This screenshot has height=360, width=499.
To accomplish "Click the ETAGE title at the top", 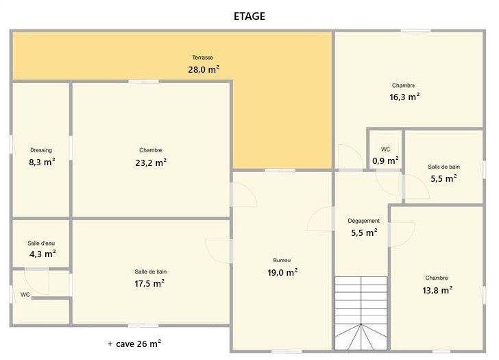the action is (x=249, y=16).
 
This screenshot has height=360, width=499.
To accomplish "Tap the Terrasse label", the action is (x=202, y=58).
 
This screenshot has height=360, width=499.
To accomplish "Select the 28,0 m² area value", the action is (x=204, y=69).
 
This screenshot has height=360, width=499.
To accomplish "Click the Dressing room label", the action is (x=41, y=150).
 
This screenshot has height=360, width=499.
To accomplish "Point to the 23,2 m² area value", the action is (x=151, y=163).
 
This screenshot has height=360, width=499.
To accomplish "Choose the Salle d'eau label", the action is (x=41, y=243).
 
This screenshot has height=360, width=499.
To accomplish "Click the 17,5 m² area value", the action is (x=149, y=283).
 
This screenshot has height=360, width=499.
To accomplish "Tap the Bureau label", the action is (x=282, y=261).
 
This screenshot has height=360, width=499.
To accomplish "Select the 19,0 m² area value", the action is (x=282, y=272).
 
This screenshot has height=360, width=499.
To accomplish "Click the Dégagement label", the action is (x=363, y=221).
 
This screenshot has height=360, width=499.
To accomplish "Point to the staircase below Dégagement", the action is (x=361, y=313).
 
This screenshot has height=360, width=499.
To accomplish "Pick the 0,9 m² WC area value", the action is (x=385, y=160).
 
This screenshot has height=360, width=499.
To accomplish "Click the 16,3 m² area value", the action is (x=404, y=97).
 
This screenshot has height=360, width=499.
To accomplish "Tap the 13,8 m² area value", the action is (x=437, y=290).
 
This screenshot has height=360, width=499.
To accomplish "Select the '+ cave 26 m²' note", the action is (x=134, y=344).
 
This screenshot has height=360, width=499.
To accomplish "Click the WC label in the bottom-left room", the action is (x=25, y=295).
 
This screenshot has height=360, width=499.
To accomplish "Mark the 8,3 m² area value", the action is (x=42, y=162).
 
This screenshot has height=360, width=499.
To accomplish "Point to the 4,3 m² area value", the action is (x=42, y=254).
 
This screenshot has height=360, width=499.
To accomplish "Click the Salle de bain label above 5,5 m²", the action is (x=443, y=167).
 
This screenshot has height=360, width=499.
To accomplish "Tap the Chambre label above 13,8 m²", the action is (x=437, y=278).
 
